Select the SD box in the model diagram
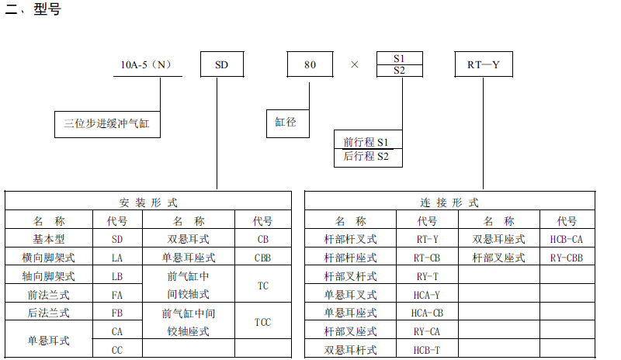(x=222, y=64)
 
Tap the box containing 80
(x=310, y=64)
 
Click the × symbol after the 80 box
(x=355, y=64)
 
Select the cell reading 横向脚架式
(x=50, y=257)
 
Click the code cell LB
(x=117, y=276)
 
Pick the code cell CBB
(x=263, y=257)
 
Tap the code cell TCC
(x=263, y=322)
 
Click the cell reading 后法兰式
(x=50, y=313)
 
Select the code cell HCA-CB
(x=427, y=313)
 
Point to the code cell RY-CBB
(x=567, y=257)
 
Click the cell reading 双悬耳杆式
(x=350, y=350)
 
